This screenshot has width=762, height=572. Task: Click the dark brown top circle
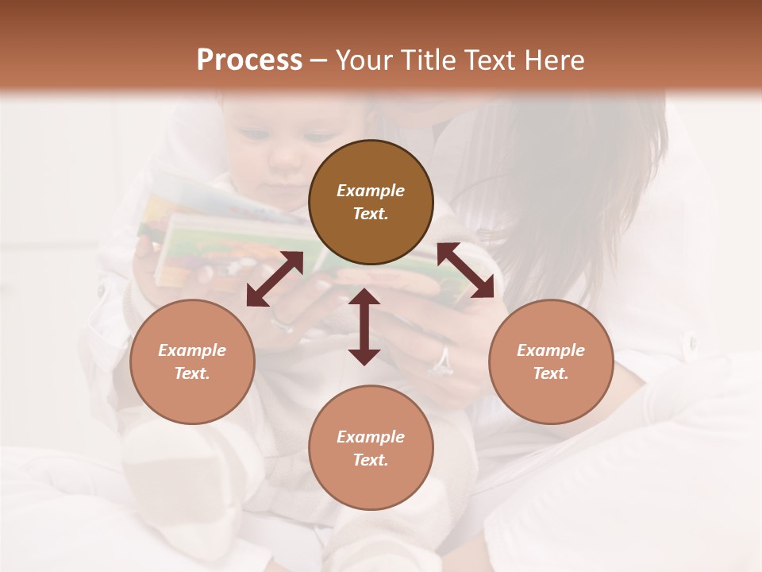371,203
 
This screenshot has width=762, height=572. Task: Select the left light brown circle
192,361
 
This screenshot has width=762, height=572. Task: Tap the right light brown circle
551,361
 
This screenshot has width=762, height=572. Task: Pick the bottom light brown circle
371,448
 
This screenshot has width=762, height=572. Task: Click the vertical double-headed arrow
364,327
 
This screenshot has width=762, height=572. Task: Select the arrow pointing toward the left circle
275,279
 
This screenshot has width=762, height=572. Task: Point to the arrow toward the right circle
465,270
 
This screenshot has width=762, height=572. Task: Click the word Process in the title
249,60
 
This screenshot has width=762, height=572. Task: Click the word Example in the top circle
371,191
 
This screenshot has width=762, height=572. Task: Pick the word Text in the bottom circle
371,460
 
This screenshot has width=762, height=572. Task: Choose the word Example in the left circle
192,350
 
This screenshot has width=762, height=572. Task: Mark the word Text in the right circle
551,373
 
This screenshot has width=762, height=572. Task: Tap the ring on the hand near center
441,362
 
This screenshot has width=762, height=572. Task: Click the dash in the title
319,60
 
